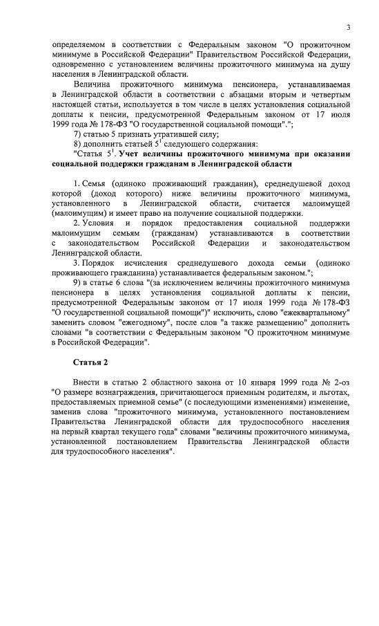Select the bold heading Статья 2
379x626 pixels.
click(90, 362)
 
